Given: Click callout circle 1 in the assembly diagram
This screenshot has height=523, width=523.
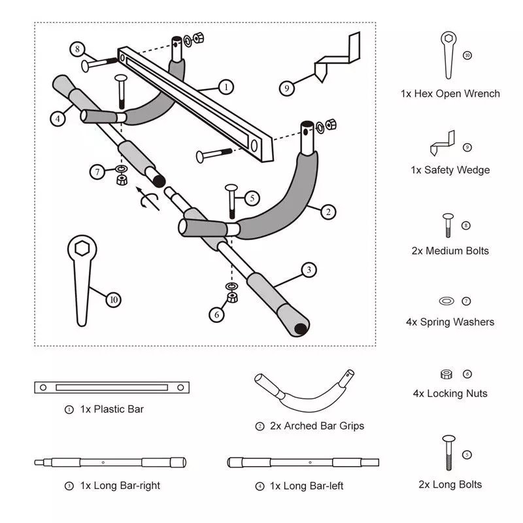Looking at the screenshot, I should pos(225,86).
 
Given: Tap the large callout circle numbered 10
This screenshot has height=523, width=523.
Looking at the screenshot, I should pos(114,299).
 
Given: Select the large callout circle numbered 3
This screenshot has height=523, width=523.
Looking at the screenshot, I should pos(309,269).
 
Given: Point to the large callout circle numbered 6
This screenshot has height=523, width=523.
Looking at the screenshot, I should pos(216,314).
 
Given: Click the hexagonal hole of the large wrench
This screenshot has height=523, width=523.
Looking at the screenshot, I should pos(82,249).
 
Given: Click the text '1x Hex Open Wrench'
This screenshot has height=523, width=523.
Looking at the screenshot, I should pos(450,93).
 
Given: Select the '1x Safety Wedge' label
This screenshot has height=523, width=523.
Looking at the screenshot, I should pos(450,170).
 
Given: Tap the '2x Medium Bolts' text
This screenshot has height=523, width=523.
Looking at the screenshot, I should pos(450,250).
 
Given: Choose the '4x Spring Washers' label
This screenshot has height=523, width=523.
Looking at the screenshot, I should pos(450,322).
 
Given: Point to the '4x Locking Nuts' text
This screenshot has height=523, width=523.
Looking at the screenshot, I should pos(450,394).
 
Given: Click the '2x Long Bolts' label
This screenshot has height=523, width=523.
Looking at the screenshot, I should pos(450,484).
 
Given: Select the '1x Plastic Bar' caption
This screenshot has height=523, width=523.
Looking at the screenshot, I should pos(111,409).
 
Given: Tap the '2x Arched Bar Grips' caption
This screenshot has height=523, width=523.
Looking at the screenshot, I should pos(316,426).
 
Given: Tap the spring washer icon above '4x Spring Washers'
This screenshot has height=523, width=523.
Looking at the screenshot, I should pos(446,301).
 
